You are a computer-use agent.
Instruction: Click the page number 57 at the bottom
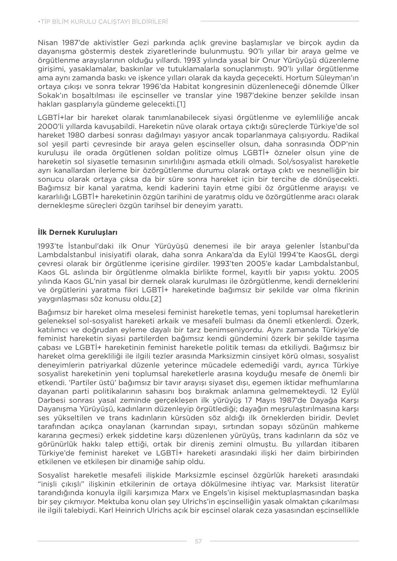point(198,541)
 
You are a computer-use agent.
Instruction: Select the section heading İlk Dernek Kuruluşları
point(77,232)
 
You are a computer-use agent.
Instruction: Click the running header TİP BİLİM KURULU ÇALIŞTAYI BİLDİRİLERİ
point(103,22)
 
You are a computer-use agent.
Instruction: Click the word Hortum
point(300,78)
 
